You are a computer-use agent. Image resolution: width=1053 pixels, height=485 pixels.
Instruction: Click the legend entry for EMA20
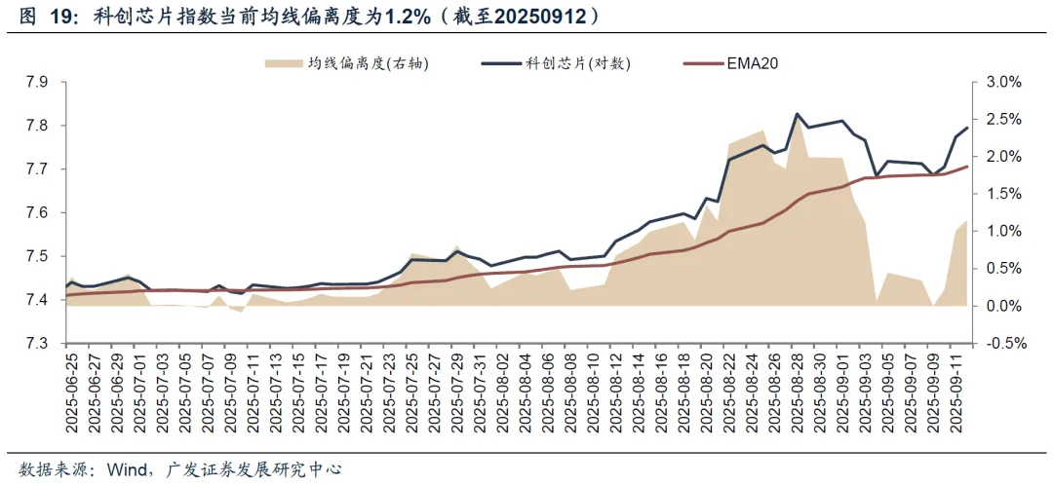tap(752, 63)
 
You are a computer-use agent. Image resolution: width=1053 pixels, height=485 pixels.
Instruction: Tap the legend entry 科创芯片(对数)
tap(578, 63)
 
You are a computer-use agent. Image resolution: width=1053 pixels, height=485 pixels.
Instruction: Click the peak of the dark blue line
tap(798, 114)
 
